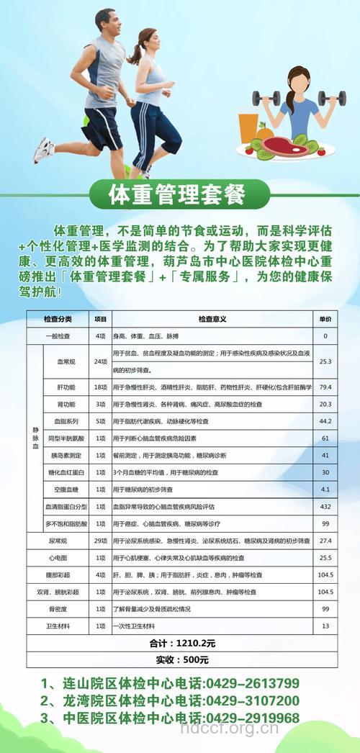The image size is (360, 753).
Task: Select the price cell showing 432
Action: click(x=325, y=507)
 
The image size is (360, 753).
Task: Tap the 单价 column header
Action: click(x=325, y=319)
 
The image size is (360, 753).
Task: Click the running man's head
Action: click(x=105, y=22)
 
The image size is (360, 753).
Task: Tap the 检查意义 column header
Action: click(x=212, y=319)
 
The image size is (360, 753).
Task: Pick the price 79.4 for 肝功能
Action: click(x=325, y=387)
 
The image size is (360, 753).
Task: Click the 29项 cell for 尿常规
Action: click(x=100, y=540)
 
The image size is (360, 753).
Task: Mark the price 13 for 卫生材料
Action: click(x=325, y=626)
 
